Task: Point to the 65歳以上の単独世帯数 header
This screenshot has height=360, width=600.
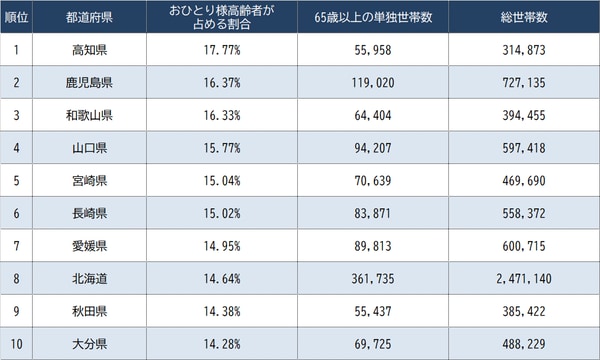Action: click(368, 17)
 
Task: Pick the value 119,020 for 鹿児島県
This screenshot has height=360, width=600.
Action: click(368, 82)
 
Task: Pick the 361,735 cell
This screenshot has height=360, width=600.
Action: click(368, 277)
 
